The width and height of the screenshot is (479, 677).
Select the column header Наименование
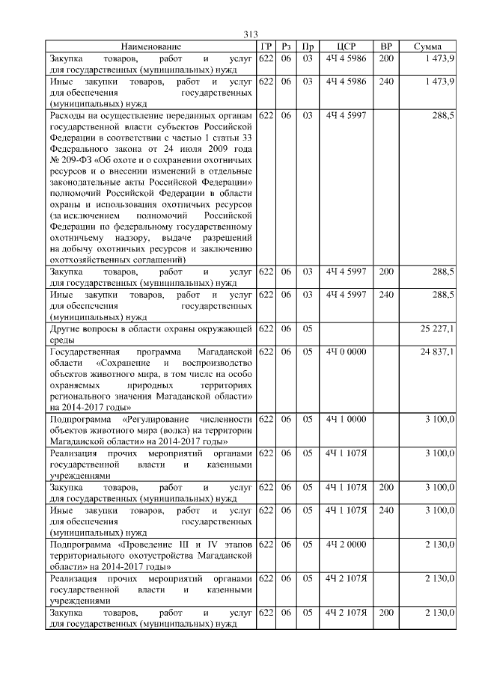[x=150, y=46]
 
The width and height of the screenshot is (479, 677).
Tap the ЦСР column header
[x=346, y=46]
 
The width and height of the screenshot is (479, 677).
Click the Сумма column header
[x=427, y=46]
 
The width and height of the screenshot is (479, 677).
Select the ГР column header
[x=265, y=46]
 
